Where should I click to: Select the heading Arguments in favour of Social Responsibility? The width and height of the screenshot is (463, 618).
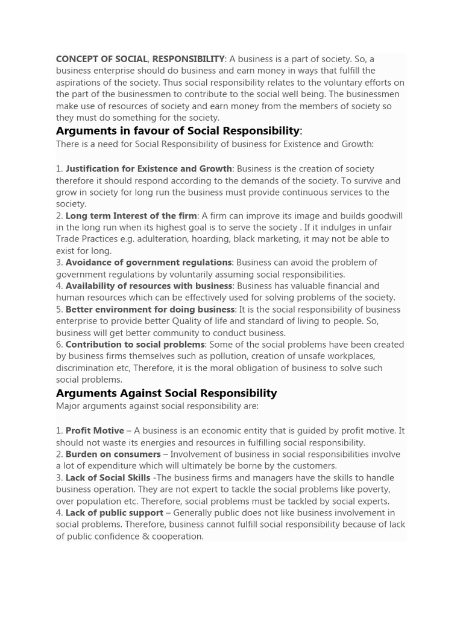[178, 131]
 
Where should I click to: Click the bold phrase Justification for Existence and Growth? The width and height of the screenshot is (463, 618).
[148, 169]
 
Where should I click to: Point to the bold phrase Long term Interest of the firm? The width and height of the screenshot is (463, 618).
[131, 216]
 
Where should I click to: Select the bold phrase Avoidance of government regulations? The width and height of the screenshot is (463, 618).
[148, 263]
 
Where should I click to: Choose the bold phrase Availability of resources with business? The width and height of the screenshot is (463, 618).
[148, 286]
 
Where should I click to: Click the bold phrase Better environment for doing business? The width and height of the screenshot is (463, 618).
[150, 310]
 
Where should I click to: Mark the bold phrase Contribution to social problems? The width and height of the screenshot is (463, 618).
[135, 345]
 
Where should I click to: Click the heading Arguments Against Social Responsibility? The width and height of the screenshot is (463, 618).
[166, 393]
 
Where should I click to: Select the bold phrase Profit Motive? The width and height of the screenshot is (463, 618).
[95, 431]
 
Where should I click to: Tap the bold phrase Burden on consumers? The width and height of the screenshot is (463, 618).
[113, 454]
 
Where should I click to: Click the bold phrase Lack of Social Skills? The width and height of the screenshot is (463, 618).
[108, 478]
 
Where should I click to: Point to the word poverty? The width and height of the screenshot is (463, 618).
[374, 489]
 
